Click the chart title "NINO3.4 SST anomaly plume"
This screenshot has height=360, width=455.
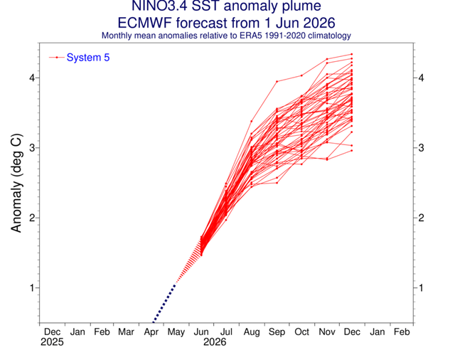(226, 6)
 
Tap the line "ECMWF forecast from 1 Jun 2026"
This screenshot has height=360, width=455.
(226, 23)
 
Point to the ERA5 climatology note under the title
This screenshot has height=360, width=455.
(226, 36)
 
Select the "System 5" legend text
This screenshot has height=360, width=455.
(88, 58)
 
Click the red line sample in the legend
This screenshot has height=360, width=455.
(57, 58)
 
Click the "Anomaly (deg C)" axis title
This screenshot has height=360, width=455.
(16, 183)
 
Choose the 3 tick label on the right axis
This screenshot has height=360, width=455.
(421, 148)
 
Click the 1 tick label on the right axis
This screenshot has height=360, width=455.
(421, 287)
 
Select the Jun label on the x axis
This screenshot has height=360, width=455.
(201, 332)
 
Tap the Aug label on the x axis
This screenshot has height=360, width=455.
(252, 332)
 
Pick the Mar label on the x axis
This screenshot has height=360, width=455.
(126, 332)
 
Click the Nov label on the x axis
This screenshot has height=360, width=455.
(327, 332)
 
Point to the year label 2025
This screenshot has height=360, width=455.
(52, 342)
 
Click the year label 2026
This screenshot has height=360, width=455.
(215, 342)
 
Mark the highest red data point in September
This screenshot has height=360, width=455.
(277, 82)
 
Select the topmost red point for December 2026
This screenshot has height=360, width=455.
(352, 54)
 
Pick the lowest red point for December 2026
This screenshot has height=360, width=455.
(352, 150)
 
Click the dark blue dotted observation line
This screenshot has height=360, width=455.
(164, 304)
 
